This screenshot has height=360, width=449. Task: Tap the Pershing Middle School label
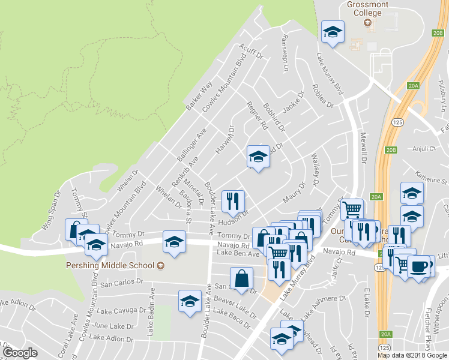pos(115,265)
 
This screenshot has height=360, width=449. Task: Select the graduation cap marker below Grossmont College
pos(332,31)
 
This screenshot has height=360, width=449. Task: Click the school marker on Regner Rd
pos(258,157)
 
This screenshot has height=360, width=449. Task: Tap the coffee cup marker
pos(419,266)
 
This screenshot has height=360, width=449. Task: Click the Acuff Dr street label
pos(252,52)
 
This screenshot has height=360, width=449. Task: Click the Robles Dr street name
pos(322,95)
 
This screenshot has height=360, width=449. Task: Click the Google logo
pos(20,352)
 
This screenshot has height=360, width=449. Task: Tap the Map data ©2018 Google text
pos(412,355)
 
